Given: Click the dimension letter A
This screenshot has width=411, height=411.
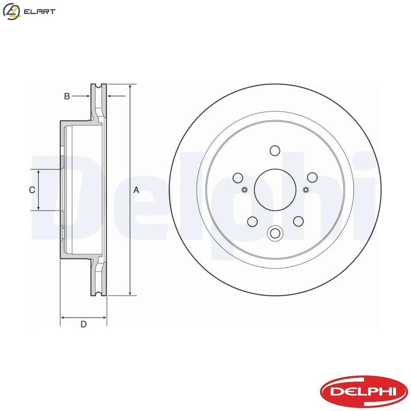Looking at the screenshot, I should tap(137, 190).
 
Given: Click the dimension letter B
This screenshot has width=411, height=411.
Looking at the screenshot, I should tap(67, 96).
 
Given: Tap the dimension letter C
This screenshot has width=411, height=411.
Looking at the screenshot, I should tap(32, 190).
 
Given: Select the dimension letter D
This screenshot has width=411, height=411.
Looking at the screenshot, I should tap(83, 324).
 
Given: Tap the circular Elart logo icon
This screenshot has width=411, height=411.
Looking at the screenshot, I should tap(11, 12).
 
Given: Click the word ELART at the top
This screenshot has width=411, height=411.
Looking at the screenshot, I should tap(40, 12).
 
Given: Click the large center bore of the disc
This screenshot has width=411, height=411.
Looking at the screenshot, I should tap(275, 190).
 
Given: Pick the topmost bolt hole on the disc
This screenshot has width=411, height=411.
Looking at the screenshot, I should tap(275, 151).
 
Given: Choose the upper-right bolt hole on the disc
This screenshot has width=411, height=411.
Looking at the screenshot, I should tap(312, 177).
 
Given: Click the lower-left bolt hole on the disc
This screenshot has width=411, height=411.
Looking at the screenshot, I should tap(252, 221).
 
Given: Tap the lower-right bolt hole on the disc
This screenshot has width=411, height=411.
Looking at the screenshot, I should tap(298, 221).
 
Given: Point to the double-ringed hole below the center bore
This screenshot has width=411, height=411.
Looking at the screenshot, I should tap(275, 233).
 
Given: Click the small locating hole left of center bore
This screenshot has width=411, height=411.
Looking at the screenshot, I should tap(244, 190).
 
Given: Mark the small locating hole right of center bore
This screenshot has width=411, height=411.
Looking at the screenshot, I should tap(306, 190).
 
